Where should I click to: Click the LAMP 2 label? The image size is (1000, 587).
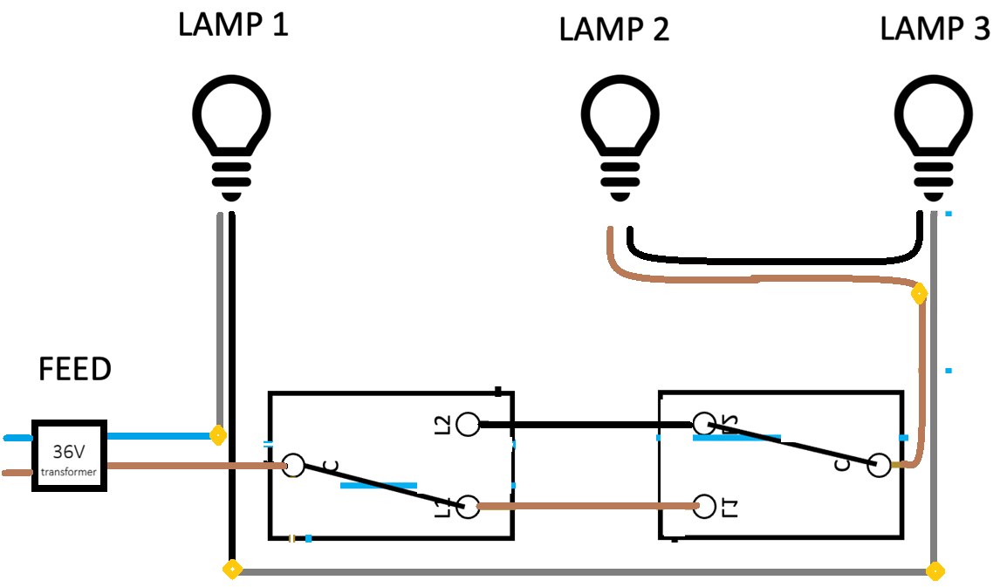(613, 30)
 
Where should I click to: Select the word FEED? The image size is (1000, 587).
(75, 369)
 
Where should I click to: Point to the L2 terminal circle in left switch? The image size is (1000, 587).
(469, 425)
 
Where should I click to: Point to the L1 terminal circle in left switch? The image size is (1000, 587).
(469, 507)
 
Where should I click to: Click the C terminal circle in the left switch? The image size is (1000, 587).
(294, 466)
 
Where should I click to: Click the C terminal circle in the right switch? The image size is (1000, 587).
(878, 466)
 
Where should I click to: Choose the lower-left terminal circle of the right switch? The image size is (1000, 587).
(704, 506)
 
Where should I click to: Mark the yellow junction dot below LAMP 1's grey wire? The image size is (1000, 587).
(218, 433)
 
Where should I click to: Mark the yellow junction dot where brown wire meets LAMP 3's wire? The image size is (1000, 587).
(919, 294)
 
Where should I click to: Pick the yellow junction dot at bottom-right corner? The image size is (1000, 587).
(935, 572)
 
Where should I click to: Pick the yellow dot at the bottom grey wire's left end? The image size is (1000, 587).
(232, 570)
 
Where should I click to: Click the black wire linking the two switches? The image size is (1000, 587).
(585, 425)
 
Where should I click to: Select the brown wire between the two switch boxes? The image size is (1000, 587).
(585, 506)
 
